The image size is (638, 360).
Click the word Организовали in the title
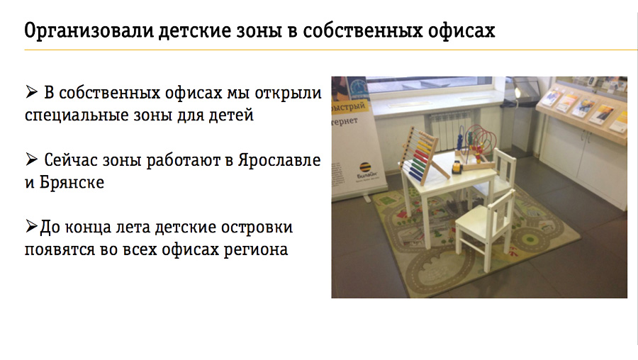89,31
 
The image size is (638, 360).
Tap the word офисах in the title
461,31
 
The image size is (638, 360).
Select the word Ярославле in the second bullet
279,160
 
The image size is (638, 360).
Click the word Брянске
72,182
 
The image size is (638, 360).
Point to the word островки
257,227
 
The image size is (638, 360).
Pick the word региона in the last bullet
255,249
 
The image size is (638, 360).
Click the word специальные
77,116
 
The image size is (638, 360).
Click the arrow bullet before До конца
31,226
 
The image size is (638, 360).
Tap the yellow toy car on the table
458,166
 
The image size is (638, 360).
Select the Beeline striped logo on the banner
365,168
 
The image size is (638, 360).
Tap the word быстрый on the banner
349,107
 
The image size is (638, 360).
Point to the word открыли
288,94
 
